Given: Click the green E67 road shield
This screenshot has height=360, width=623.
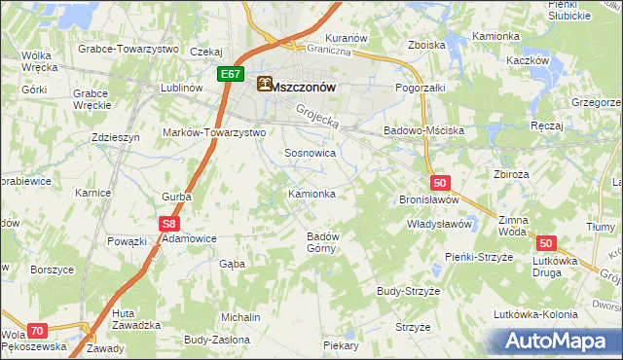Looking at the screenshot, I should coord(231,74).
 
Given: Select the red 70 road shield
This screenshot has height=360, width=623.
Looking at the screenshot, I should coord(37,331).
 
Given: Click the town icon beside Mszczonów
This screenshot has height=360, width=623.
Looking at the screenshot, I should coord(264,85).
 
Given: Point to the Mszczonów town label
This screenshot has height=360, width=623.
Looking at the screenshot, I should coord(304,86).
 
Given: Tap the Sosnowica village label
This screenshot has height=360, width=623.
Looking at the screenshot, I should coord(311,153).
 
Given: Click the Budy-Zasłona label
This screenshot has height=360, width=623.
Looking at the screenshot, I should coord(216,341).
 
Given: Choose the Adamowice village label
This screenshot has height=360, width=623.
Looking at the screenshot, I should coord(189,237).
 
